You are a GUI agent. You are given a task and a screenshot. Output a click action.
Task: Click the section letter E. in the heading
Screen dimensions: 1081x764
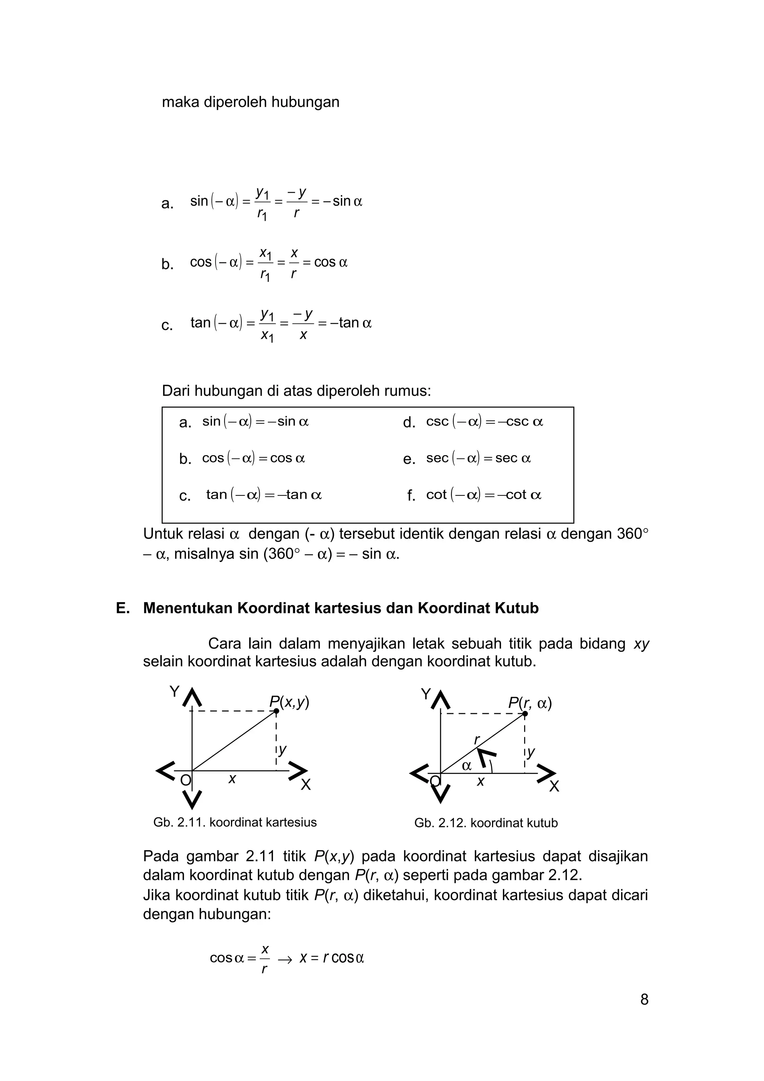coord(122,608)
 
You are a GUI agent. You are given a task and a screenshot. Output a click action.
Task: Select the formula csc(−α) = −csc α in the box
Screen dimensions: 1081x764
coord(484,422)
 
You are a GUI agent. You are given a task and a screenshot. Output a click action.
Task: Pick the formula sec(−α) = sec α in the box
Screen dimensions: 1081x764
coord(478,458)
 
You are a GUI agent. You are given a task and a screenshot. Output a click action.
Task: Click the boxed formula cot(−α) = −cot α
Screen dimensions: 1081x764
coord(483,495)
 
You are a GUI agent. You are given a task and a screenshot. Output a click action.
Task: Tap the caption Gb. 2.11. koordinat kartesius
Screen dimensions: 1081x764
coord(235,822)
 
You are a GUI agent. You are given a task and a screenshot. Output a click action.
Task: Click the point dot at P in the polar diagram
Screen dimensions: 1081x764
coord(525,714)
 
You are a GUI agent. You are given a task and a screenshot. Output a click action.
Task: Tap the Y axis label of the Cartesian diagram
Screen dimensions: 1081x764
coord(174,692)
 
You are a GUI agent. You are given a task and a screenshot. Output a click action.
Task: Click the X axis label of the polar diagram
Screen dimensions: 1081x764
coord(554,786)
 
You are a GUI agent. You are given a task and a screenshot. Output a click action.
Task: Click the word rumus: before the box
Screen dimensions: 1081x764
coord(408,391)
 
